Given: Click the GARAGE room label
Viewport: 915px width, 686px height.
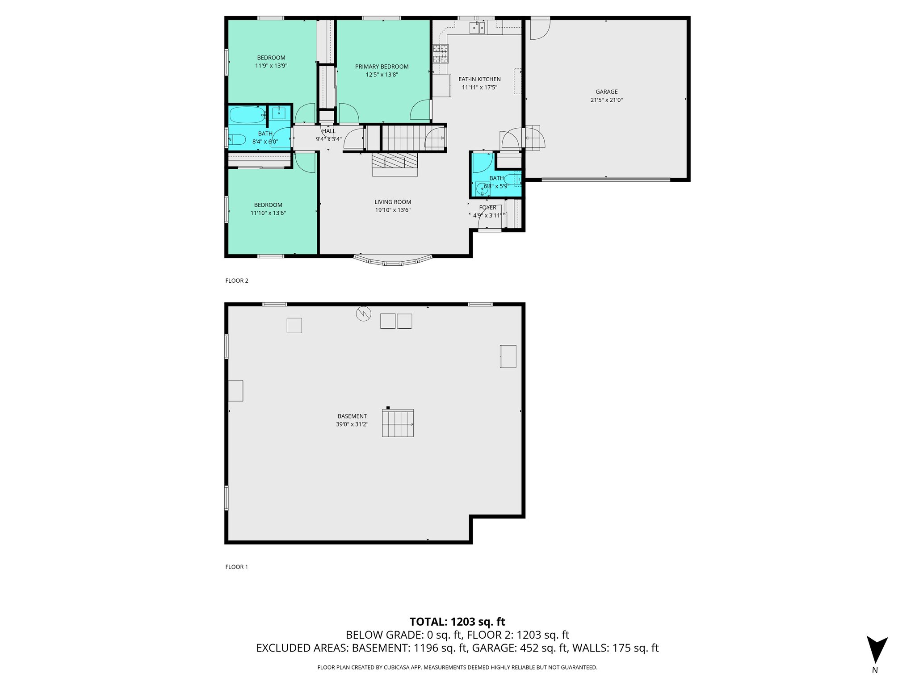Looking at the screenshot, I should (x=606, y=92).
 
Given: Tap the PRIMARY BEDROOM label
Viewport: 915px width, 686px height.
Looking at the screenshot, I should (x=382, y=67).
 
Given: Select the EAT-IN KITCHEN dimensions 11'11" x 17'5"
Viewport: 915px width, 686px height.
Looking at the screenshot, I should (x=479, y=88).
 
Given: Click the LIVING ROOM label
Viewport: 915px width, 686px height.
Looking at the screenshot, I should (x=393, y=202).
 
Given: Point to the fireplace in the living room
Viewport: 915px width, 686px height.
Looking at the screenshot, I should (x=395, y=164).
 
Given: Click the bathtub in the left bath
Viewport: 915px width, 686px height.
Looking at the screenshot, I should (x=247, y=115).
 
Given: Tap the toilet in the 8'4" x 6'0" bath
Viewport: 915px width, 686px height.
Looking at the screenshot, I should (x=237, y=140).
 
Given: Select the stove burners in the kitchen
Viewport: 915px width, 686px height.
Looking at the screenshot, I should (x=440, y=54).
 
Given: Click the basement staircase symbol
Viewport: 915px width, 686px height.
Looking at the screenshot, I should (x=398, y=423).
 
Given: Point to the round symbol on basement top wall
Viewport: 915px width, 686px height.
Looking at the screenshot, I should (x=363, y=314).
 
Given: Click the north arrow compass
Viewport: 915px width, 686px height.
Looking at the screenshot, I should (x=877, y=650).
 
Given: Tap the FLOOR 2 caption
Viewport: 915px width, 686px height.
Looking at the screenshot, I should (x=236, y=280).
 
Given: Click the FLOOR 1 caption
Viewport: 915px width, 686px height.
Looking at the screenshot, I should (x=236, y=567).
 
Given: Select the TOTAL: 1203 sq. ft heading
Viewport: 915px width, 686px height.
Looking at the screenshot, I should (x=457, y=622).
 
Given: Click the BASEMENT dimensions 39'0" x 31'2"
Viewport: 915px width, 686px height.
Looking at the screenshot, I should (x=352, y=424).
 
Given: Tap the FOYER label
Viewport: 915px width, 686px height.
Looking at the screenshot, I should (x=487, y=208).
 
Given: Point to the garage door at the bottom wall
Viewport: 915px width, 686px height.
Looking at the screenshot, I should (x=606, y=180).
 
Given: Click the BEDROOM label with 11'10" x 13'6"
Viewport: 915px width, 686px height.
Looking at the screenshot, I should (x=268, y=205).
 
